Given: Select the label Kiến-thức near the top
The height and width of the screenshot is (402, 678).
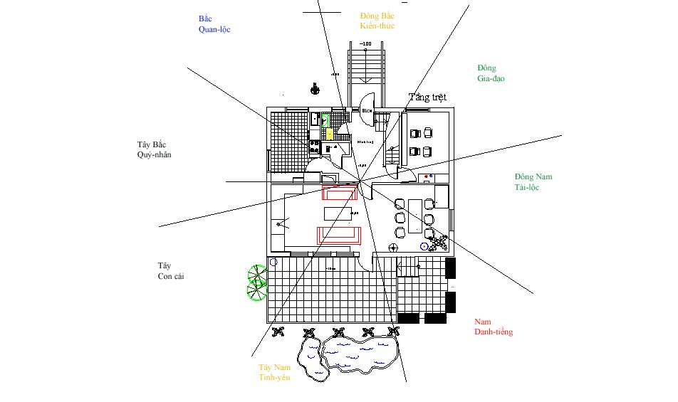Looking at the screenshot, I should [x=377, y=26].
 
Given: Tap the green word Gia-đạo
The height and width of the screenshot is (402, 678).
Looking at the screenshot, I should [x=491, y=78].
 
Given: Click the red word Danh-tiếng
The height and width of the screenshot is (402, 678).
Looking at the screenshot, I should [x=494, y=332].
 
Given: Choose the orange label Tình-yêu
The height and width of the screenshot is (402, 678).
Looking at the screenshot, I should [x=274, y=377].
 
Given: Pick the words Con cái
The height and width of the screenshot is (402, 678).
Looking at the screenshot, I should [x=172, y=277].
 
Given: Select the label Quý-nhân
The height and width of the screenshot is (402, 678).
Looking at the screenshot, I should [x=155, y=154].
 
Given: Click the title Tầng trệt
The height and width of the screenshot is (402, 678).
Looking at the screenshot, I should [x=428, y=97].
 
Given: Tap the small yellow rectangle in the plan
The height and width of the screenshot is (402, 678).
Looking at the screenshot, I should [x=329, y=133].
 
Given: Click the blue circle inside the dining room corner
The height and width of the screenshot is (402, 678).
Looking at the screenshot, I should [x=424, y=246].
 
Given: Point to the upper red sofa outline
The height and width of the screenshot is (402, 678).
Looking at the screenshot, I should [x=339, y=193].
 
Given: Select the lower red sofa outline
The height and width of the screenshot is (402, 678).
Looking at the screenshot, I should [x=339, y=234].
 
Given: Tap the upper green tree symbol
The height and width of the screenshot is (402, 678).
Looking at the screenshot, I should [x=256, y=274].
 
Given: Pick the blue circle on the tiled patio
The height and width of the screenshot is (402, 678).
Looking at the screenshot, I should [x=273, y=262].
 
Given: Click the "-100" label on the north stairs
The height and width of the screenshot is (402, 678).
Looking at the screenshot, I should [x=365, y=44].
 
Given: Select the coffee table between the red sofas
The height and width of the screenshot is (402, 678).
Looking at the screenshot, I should [x=338, y=213].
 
